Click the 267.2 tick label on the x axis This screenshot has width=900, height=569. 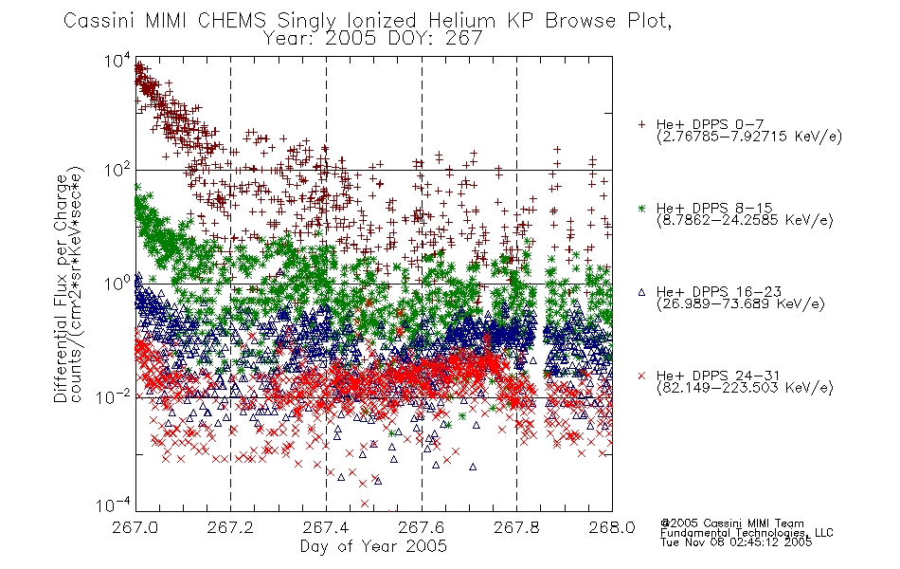click(x=230, y=527)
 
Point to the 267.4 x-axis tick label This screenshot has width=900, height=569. click(x=326, y=527)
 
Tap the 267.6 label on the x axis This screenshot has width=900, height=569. click(x=422, y=527)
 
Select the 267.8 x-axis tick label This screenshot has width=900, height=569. click(x=516, y=527)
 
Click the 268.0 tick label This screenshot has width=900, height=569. click(x=612, y=527)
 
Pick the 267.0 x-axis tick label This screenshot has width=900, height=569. click(x=135, y=527)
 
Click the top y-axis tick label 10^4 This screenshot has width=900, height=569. click(x=117, y=59)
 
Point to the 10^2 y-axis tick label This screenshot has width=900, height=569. click(x=117, y=171)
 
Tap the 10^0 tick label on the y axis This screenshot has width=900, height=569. click(x=117, y=284)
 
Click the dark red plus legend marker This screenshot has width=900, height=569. click(x=641, y=124)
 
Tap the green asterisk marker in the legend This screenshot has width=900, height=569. click(x=641, y=208)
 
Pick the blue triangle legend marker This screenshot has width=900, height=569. click(x=641, y=292)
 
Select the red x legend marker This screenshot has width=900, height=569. click(x=641, y=376)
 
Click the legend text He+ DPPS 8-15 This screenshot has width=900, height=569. click(x=714, y=208)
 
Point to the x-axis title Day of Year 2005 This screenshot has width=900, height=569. click(x=373, y=546)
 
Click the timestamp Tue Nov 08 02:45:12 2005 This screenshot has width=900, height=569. click(x=736, y=542)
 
